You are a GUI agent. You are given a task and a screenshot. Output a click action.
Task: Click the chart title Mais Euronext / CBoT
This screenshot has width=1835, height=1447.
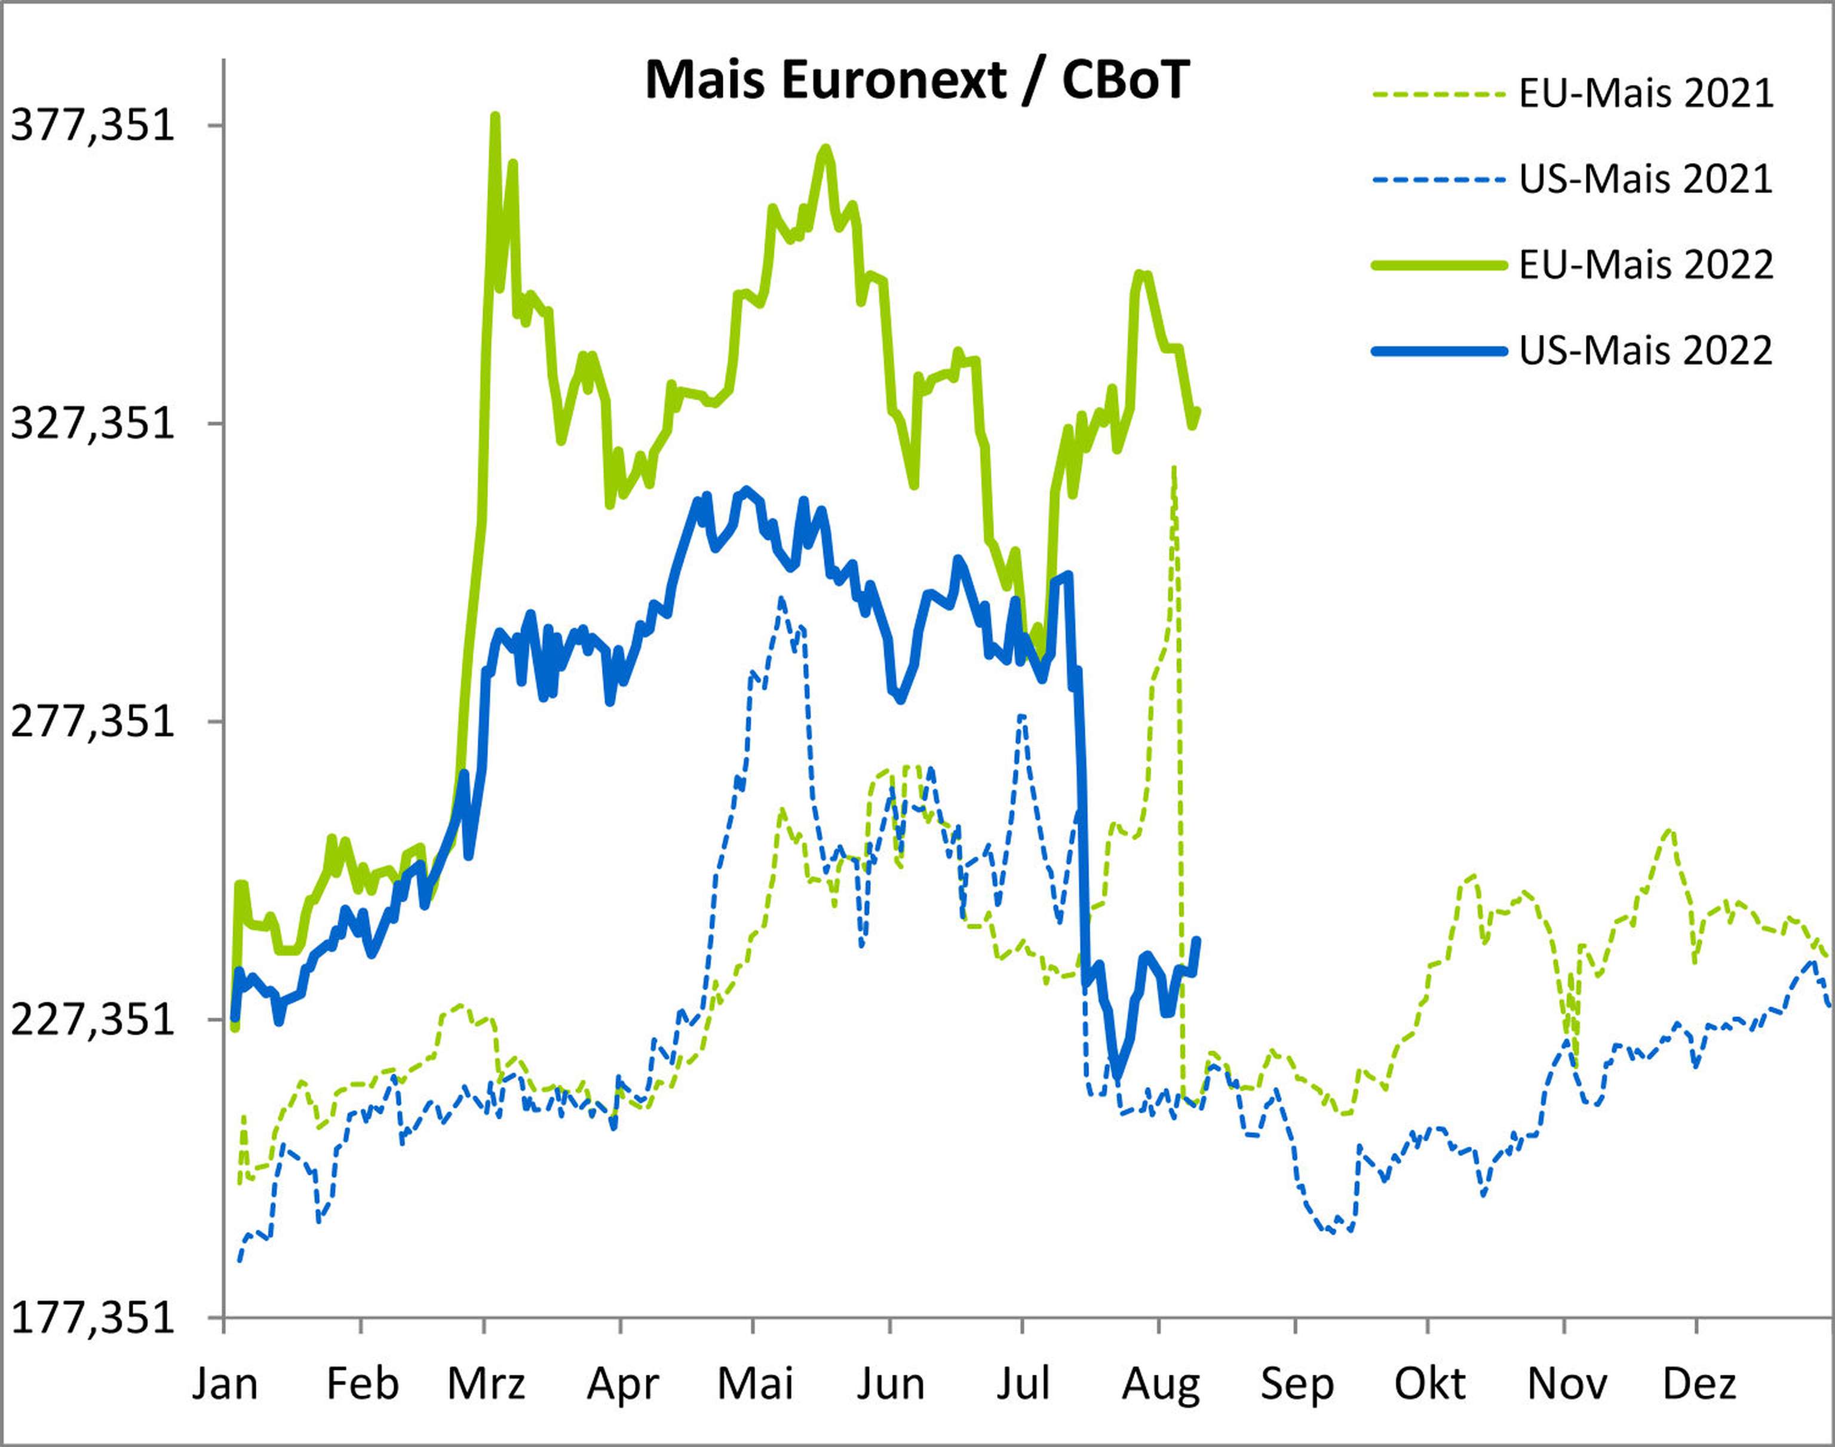click(917, 81)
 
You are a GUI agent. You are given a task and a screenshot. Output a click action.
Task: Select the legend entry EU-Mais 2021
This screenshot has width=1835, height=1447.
click(1645, 94)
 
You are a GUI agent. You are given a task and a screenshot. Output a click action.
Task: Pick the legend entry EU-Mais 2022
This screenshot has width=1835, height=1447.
click(1645, 265)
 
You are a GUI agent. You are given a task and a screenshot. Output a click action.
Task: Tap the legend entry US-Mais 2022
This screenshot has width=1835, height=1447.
click(1645, 351)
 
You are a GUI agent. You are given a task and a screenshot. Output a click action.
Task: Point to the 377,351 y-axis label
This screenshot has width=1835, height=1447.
click(91, 125)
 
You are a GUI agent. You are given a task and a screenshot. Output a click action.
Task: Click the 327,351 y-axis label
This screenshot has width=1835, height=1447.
click(91, 423)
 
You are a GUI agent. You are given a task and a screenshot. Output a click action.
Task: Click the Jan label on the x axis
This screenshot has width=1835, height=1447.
click(225, 1384)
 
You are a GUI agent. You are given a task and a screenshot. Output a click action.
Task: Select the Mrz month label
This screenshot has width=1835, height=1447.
click(486, 1384)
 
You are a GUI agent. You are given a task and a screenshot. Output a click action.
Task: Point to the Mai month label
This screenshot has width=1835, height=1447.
click(755, 1384)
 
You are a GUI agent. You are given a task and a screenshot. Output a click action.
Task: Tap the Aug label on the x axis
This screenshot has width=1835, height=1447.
click(1161, 1384)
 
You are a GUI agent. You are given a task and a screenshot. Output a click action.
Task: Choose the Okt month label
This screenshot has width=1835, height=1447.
click(1430, 1384)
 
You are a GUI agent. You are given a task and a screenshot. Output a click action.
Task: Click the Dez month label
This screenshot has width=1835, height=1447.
click(1699, 1384)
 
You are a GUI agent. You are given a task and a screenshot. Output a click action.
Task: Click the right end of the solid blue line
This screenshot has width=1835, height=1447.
click(1196, 939)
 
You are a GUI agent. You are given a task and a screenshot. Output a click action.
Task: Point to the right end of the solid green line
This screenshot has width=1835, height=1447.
click(1197, 411)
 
